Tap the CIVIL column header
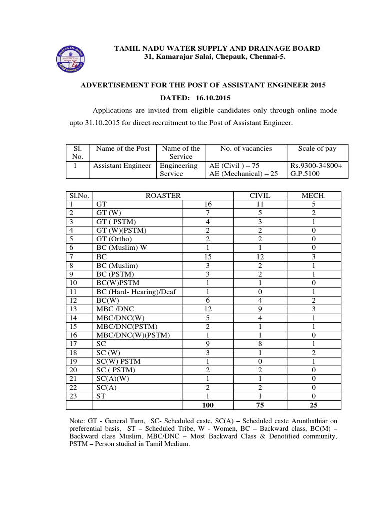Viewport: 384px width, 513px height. click(x=259, y=196)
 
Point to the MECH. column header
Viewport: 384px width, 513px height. click(x=313, y=196)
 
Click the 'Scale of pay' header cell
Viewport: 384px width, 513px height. click(x=317, y=149)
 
